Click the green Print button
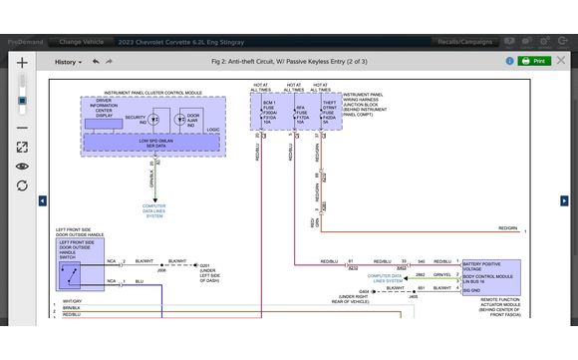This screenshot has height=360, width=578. click(533, 61)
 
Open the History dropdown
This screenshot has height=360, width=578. click(68, 61)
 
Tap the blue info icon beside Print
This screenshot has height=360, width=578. click(561, 61)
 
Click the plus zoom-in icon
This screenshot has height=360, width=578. click(22, 62)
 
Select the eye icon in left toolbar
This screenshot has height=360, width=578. click(22, 167)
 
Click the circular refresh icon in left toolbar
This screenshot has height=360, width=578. click(22, 185)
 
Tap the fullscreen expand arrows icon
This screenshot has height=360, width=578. click(22, 147)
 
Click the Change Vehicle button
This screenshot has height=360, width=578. click(83, 42)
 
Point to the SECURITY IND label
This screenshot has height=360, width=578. click(135, 118)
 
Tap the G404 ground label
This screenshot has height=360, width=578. click(364, 291)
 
